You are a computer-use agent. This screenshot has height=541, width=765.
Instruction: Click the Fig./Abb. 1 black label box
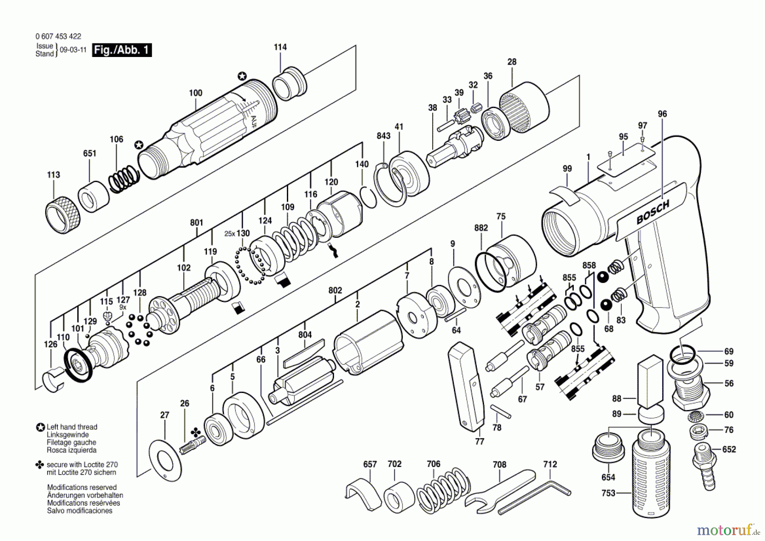[122, 50]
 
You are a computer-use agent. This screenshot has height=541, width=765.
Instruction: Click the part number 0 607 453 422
[58, 37]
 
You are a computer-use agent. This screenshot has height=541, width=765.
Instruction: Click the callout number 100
[195, 93]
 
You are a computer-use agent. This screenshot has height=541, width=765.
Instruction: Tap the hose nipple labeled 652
[704, 466]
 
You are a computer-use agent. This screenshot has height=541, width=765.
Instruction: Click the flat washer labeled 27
[165, 461]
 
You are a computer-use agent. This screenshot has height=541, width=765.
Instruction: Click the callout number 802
[335, 290]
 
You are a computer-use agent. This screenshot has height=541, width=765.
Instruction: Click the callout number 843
[383, 136]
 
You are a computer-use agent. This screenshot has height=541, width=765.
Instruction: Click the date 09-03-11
[73, 50]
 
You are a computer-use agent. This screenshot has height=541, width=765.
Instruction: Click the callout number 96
[662, 114]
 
